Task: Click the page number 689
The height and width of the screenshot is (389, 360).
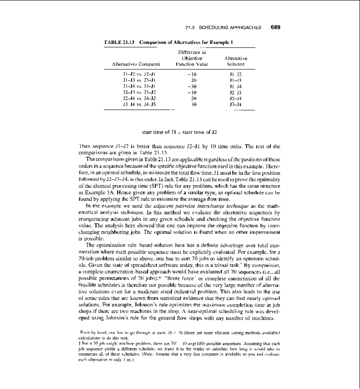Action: tap(275, 27)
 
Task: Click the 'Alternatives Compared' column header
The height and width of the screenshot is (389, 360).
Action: tap(136, 64)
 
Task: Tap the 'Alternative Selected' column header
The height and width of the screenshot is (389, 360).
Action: tap(235, 61)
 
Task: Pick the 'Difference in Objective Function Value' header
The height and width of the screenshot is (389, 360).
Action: tap(192, 58)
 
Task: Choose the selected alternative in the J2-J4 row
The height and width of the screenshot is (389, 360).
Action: tap(235, 98)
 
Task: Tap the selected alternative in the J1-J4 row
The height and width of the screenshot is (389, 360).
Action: tap(235, 86)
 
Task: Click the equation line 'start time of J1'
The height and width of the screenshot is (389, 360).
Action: tap(179, 132)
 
